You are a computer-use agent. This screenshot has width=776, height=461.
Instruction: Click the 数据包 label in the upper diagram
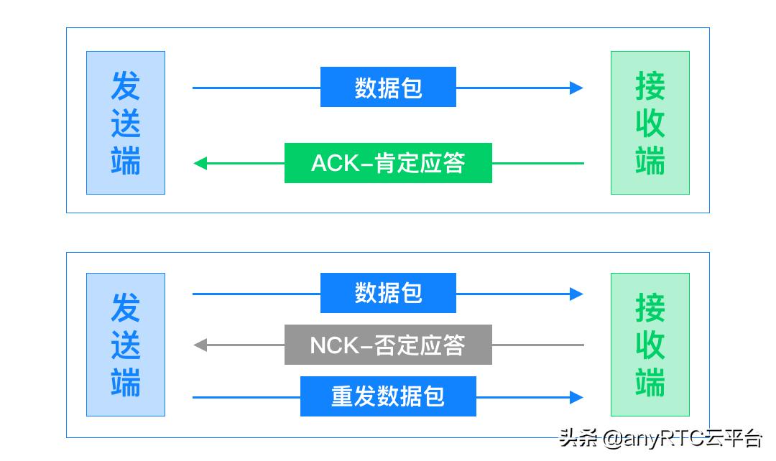point(388,87)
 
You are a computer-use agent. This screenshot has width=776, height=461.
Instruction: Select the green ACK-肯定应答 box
point(388,163)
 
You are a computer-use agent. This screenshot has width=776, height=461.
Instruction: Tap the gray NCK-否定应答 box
point(388,345)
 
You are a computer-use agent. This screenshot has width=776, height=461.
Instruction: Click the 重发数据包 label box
point(388,396)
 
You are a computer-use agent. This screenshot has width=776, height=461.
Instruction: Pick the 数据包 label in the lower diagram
point(388,293)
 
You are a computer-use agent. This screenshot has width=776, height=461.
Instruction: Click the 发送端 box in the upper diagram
point(126,123)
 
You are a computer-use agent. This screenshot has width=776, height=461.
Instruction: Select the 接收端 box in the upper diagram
point(650,123)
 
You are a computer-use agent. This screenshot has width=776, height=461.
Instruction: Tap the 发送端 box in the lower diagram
point(126,345)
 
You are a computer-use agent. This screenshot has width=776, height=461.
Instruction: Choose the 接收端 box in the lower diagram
point(650,345)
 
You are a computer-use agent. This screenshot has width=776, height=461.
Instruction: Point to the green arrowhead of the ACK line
point(200,163)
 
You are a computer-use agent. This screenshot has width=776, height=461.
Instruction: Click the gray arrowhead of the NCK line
point(200,345)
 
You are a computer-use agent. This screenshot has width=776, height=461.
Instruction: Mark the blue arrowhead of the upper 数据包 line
point(576,88)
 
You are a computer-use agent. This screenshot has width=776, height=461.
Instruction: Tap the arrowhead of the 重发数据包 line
point(576,397)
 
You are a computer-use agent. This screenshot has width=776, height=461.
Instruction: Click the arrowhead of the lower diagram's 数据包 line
point(576,294)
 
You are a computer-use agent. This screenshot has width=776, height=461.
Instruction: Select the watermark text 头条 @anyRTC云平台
point(660,438)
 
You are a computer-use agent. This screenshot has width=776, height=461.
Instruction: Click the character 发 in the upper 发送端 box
point(126,85)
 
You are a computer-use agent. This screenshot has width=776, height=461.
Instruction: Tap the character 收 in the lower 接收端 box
point(650,345)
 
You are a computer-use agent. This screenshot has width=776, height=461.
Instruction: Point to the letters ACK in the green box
point(335,163)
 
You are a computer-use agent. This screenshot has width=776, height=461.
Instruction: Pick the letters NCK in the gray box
point(334,345)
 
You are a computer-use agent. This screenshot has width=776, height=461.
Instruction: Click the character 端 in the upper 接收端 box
point(650,160)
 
